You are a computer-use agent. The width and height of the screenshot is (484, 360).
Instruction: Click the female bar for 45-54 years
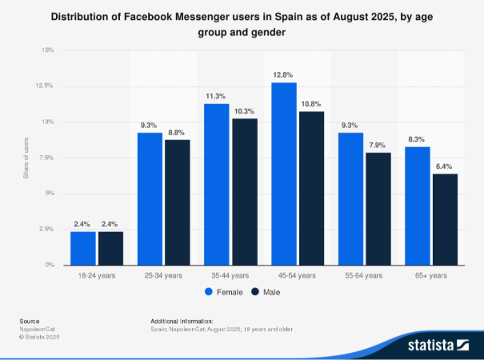(x=284, y=174)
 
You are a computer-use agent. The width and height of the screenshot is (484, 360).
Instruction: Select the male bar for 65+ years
(x=445, y=219)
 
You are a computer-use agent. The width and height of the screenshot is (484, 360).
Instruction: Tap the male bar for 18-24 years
(x=111, y=248)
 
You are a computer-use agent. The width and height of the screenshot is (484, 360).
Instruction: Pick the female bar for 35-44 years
(x=217, y=184)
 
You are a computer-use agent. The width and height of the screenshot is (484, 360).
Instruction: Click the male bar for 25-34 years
(x=178, y=202)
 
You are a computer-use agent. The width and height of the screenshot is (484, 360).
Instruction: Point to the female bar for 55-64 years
(x=350, y=199)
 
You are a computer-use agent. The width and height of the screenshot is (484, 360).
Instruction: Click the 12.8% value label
(x=282, y=74)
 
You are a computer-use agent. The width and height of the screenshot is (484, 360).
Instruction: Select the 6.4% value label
(x=444, y=166)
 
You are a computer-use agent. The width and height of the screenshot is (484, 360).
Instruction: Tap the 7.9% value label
(x=377, y=145)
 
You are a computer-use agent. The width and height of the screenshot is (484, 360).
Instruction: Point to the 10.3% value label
(x=244, y=111)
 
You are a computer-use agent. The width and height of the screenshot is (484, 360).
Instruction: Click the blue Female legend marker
(x=209, y=292)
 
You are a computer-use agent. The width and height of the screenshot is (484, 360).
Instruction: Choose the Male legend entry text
(x=272, y=292)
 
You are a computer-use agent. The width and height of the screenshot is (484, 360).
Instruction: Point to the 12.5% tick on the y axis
(x=44, y=86)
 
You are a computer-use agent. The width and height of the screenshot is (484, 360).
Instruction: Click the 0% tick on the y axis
(x=50, y=265)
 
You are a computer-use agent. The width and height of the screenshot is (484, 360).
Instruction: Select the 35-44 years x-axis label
(x=230, y=275)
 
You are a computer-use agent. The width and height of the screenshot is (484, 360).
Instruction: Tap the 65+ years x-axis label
(x=430, y=275)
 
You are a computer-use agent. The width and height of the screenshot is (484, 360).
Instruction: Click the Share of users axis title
(x=26, y=158)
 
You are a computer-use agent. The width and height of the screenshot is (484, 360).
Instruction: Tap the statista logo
(x=438, y=345)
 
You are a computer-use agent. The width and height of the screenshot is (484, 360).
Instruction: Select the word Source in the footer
(x=30, y=321)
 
